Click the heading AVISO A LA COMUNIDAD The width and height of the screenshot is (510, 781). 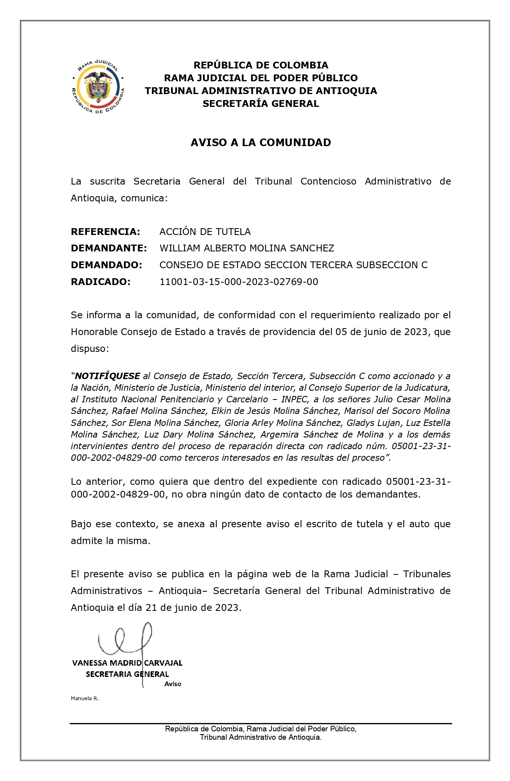tap(261, 143)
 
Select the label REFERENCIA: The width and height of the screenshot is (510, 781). tap(106, 232)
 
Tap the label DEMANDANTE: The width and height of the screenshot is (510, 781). tap(109, 248)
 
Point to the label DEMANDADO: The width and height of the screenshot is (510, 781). tap(106, 265)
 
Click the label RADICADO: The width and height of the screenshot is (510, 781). tap(101, 282)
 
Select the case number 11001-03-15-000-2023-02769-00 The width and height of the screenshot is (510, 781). tap(239, 282)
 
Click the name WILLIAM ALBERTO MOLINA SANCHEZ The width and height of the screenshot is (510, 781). tap(247, 248)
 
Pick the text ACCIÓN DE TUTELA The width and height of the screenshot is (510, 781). tap(205, 232)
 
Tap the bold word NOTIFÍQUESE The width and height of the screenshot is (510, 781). tap(107, 376)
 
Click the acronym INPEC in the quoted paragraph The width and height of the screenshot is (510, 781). tap(294, 399)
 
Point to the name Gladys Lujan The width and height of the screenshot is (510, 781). tap(373, 423)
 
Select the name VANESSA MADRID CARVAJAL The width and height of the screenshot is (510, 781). tap(127, 663)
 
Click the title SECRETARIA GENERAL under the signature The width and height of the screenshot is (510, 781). tap(127, 674)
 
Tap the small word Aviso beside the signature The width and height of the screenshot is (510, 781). tap(173, 684)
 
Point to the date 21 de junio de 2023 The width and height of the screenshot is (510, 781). tap(193, 608)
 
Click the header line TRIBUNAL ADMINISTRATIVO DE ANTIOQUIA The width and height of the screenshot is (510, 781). tap(261, 91)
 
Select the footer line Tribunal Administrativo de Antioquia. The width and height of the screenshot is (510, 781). tap(261, 737)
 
